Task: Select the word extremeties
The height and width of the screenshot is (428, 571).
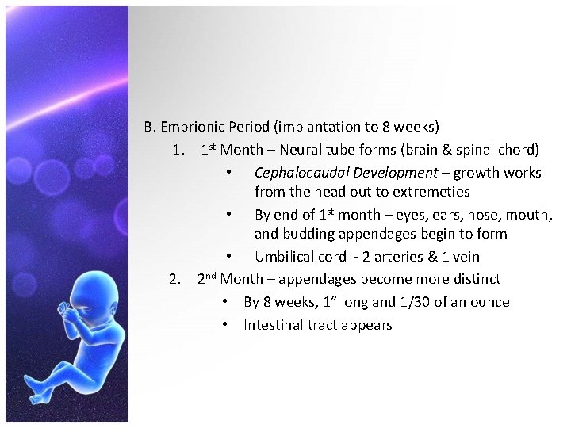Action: pos(430,192)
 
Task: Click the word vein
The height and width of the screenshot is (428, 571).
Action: pos(485,257)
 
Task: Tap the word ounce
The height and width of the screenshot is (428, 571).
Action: pos(489,302)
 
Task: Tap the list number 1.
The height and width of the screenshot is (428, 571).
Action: pos(177,150)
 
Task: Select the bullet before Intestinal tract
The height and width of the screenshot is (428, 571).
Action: pos(226,325)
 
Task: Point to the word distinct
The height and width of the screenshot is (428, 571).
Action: pos(474,279)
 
